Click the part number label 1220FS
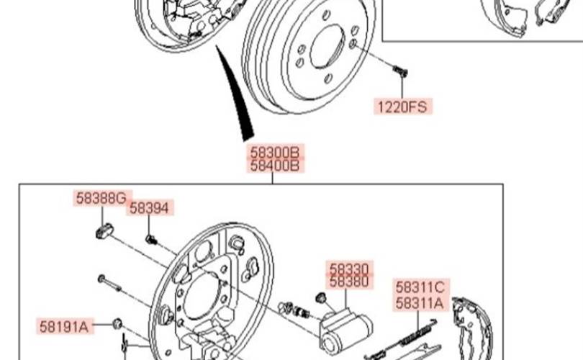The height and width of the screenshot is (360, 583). pos(402,107)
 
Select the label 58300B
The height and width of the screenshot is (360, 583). pos(274,152)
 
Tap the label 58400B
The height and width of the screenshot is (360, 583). pos(274,166)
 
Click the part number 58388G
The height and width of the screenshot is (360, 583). pos(101,198)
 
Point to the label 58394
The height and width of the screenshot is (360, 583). pos(149,208)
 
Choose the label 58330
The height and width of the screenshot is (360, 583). pos(349,268)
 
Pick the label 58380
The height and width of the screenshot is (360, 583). pos(349,281)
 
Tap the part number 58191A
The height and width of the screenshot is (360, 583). pos(64,327)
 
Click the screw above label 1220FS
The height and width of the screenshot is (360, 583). pos(400,71)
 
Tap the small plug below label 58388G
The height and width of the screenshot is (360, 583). pos(105,230)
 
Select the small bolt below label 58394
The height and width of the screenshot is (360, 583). pos(151,239)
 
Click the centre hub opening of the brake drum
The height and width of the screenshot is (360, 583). pos(327,47)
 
